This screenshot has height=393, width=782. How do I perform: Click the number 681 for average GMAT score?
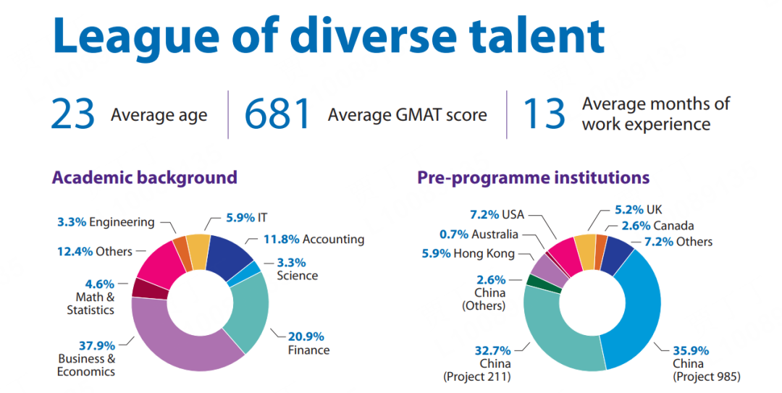[x=277, y=114]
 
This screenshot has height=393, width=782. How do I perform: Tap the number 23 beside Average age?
[x=73, y=114]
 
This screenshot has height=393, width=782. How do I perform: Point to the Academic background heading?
[x=144, y=177]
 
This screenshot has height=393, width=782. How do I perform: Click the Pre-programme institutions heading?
[x=533, y=177]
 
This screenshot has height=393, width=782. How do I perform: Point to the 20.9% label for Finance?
[x=307, y=337]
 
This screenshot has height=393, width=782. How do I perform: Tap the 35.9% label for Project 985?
[x=691, y=349]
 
